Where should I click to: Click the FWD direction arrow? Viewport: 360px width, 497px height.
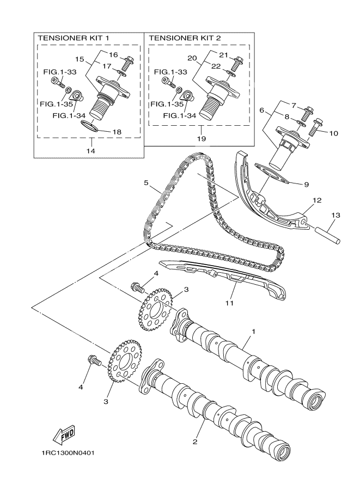(x=63, y=434)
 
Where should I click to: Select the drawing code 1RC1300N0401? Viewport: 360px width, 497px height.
(x=67, y=453)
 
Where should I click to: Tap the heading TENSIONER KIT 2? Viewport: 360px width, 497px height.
(x=181, y=38)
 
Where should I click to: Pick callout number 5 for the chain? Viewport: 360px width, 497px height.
(x=146, y=183)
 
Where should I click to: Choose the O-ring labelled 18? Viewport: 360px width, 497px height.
(x=90, y=127)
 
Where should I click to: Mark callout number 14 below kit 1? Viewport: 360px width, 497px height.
(x=90, y=151)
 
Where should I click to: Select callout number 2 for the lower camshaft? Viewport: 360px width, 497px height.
(x=194, y=441)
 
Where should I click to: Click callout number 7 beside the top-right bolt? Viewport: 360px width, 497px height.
(x=293, y=105)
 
